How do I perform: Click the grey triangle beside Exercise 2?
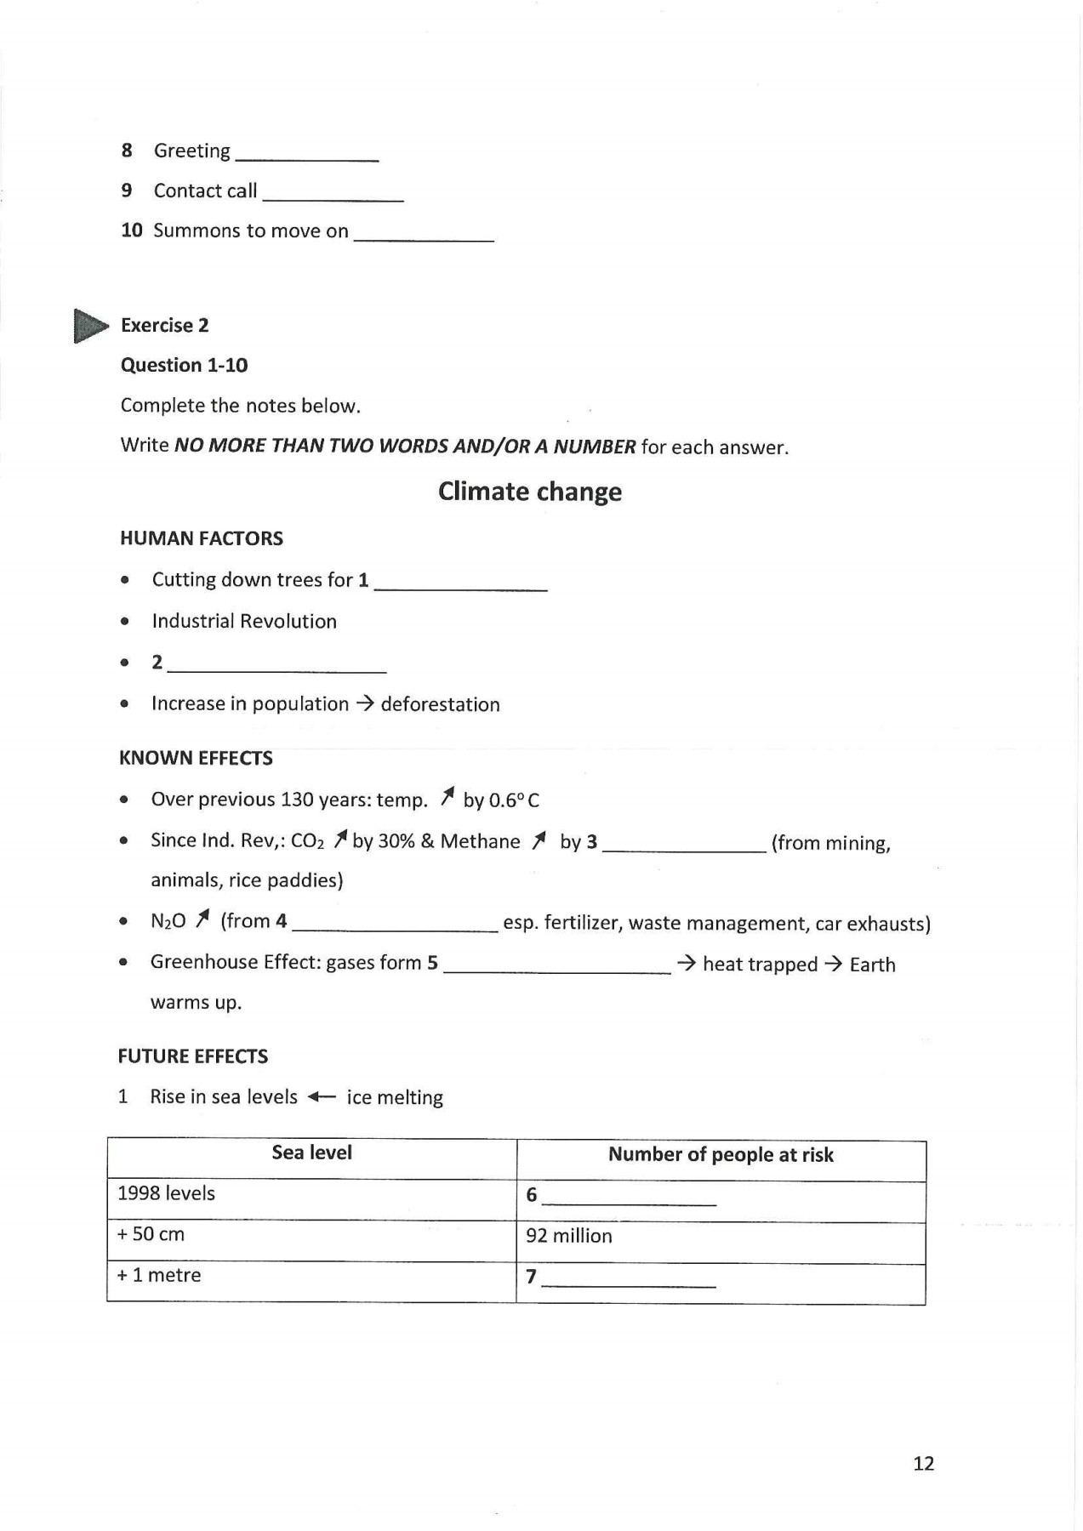89,326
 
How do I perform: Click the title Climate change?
529,492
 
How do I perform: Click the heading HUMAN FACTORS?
202,538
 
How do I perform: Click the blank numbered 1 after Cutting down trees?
460,584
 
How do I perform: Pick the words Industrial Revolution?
244,621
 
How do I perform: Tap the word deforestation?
440,704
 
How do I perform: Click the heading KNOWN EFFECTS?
196,758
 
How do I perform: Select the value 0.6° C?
513,800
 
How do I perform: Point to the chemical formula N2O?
168,921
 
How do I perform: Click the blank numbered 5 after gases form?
557,968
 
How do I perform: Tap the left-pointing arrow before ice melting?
322,1097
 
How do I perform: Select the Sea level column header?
311,1153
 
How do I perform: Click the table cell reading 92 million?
568,1236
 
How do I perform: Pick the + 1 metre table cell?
159,1275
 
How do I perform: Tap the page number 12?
923,1464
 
